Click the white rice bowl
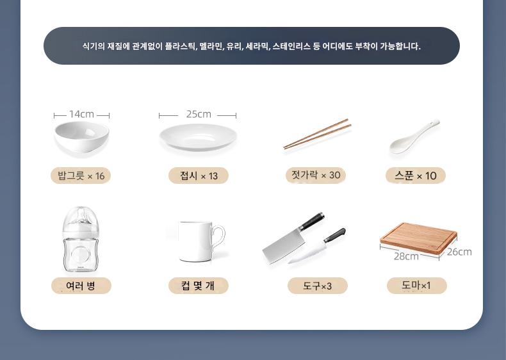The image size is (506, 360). pos(81,136)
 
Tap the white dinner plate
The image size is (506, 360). pos(198,137)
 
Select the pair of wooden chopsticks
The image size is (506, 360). pos(317,134)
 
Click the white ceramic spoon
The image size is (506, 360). pos(414,137)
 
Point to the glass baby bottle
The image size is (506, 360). pos(79,239)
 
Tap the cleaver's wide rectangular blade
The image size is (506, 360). pos(283,245)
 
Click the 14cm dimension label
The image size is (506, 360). pos(81,114)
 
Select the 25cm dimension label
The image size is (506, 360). pos(199,114)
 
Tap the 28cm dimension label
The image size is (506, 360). pos(406,256)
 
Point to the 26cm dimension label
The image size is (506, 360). pos(459,252)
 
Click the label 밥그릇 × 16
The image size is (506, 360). pos(81,176)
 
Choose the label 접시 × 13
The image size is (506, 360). pos(199,176)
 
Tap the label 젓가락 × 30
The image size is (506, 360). pos(316,176)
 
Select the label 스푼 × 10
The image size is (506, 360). pos(416,176)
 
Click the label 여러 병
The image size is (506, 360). pos(81,286)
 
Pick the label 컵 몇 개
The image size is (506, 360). pos(199,286)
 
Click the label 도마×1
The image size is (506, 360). pos(416,286)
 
